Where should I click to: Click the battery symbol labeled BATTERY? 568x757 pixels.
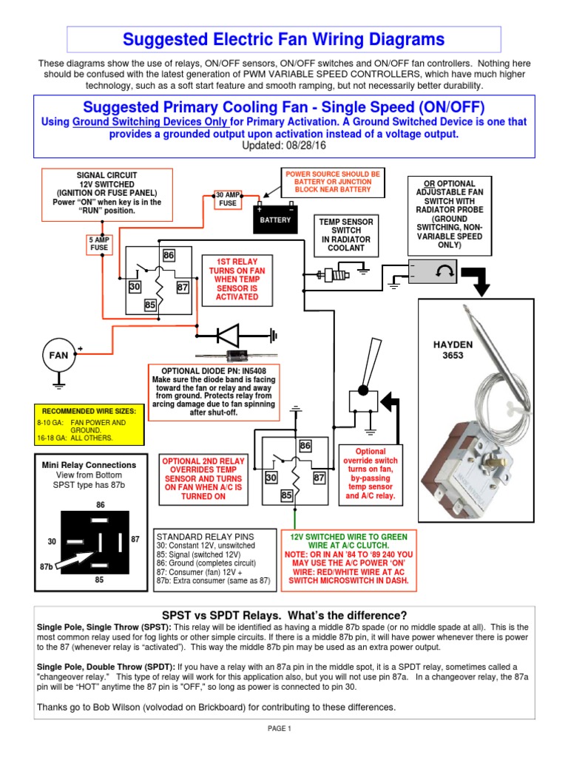(x=274, y=216)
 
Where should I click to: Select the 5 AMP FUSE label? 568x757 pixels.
(x=98, y=245)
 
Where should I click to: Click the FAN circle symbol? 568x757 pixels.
(x=59, y=355)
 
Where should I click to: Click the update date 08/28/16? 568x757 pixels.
(x=311, y=146)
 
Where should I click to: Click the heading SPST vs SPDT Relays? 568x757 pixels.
(x=284, y=615)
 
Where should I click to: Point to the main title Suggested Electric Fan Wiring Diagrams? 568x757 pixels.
(x=283, y=39)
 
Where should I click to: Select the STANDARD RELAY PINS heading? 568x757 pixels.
(x=205, y=536)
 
